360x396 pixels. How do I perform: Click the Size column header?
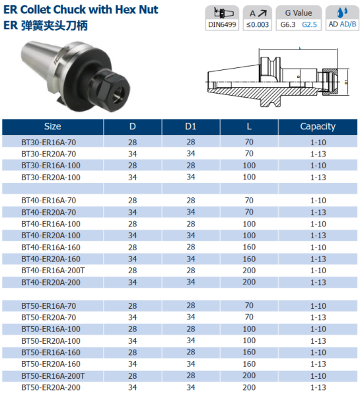point(52,126)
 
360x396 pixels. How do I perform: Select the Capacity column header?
point(318,126)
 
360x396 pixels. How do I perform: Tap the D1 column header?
point(190,126)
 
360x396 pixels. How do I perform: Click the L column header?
point(249,126)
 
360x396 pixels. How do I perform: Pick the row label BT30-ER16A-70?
point(48,142)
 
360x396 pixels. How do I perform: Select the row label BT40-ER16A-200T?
point(52,271)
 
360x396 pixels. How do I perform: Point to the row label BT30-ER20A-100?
point(50,177)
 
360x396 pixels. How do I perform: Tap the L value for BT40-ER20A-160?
point(249,259)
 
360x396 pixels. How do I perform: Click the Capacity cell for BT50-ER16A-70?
point(318,306)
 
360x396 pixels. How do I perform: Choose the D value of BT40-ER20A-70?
point(133,212)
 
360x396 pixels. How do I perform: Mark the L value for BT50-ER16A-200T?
point(249,376)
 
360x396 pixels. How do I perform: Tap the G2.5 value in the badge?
point(309,25)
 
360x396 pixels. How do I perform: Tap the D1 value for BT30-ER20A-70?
point(190,154)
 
